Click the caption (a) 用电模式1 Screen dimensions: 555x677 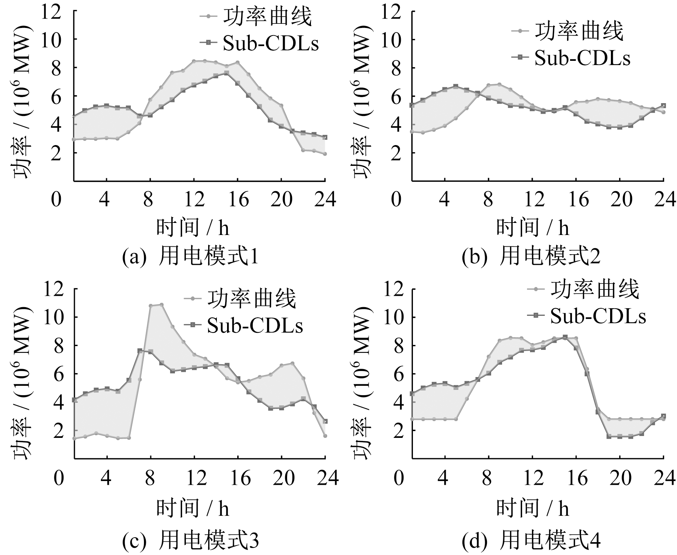click(190, 257)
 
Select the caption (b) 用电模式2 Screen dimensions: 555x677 click(531, 257)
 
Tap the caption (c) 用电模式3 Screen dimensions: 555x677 click(190, 540)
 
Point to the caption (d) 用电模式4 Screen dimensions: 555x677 click(531, 540)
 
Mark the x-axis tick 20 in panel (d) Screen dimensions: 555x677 click(620, 478)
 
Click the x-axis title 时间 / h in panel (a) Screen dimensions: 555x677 click(193, 227)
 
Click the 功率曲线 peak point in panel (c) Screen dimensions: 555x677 click(162, 305)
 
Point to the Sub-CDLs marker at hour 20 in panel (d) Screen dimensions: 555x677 click(620, 436)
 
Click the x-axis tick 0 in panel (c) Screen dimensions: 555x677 click(59, 478)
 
